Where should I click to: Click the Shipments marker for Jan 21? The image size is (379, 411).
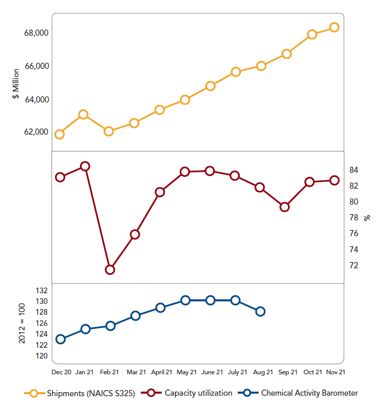(84, 114)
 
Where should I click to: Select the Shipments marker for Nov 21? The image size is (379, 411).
(335, 27)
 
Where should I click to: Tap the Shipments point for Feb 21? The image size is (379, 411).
(109, 131)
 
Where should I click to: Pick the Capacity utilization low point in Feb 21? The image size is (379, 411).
(110, 269)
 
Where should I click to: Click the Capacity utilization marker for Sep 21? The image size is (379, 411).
(285, 207)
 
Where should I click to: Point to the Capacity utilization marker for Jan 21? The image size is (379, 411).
(85, 166)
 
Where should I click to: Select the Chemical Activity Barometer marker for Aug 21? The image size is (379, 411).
(260, 311)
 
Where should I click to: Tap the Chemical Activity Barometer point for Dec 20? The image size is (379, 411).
(61, 339)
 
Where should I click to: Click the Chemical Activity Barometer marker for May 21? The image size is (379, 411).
(185, 300)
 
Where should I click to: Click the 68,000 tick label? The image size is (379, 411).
(36, 33)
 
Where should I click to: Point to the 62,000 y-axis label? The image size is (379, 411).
(36, 132)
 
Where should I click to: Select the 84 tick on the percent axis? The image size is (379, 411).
(352, 170)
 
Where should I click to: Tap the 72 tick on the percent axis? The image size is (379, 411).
(352, 265)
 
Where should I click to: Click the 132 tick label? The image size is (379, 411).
(42, 290)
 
